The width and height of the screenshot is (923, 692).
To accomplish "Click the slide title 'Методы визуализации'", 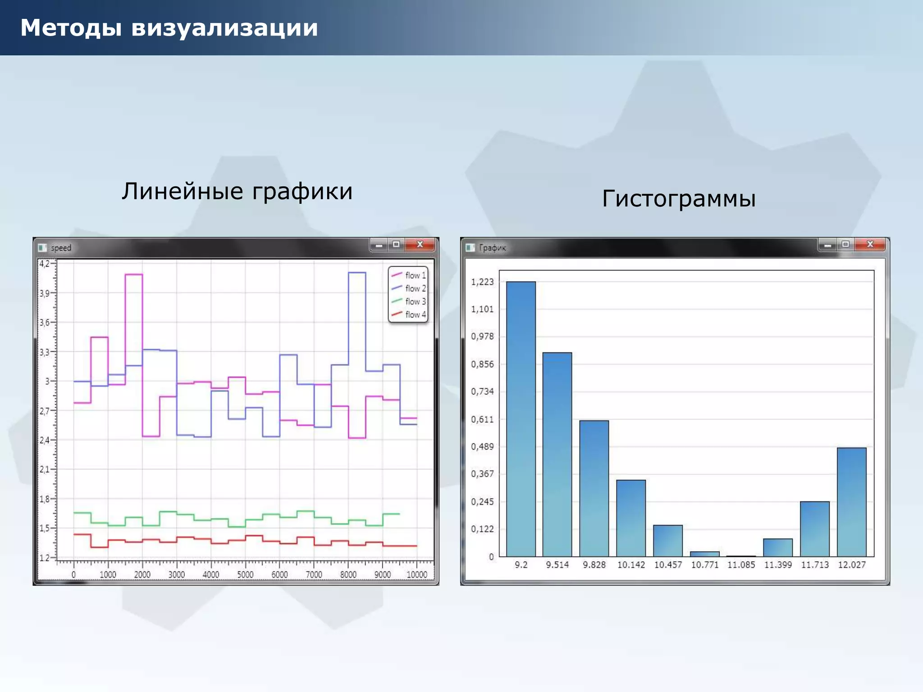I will (x=169, y=28).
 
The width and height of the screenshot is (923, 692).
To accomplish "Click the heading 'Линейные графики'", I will (x=237, y=191).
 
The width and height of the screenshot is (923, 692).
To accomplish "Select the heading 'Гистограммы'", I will (x=679, y=198).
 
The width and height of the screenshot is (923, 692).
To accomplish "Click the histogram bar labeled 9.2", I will (x=521, y=419).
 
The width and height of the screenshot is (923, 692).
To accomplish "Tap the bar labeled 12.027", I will (x=851, y=502).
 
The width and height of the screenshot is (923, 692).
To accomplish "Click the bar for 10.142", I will (x=631, y=518).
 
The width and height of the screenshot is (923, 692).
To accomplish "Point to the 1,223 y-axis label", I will (x=482, y=282).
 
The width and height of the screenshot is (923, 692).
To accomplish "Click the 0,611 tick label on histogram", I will (x=482, y=419).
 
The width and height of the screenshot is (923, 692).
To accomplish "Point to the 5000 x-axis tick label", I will (x=245, y=574).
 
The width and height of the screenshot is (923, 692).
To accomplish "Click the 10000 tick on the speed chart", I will (x=417, y=574).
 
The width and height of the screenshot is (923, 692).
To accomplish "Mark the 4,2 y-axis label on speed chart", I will (x=45, y=264).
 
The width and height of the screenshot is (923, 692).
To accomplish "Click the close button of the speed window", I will (x=420, y=245).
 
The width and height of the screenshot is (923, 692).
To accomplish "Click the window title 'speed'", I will (x=61, y=248).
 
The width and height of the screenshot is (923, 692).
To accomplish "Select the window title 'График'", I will (x=492, y=248).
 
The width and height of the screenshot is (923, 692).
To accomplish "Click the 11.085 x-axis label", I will (x=741, y=565).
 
